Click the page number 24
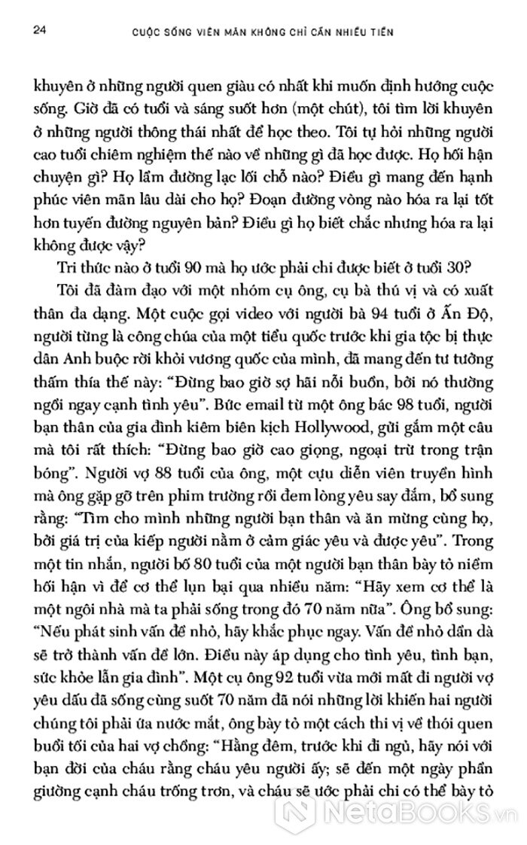pyautogui.click(x=31, y=32)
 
